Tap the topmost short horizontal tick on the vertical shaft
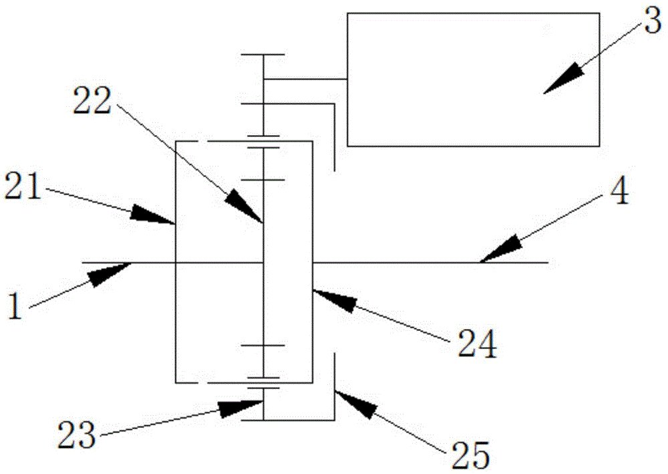pyautogui.click(x=263, y=54)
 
